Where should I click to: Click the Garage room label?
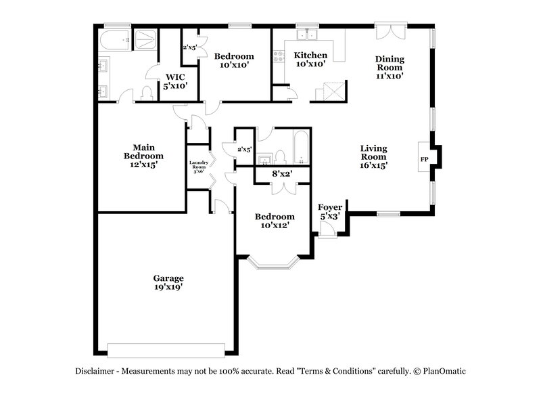coord(168,278)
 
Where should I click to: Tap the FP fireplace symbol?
coord(425,159)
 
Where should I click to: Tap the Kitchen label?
coord(311,56)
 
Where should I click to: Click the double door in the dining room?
coord(392,32)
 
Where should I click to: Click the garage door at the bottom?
coord(166,350)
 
